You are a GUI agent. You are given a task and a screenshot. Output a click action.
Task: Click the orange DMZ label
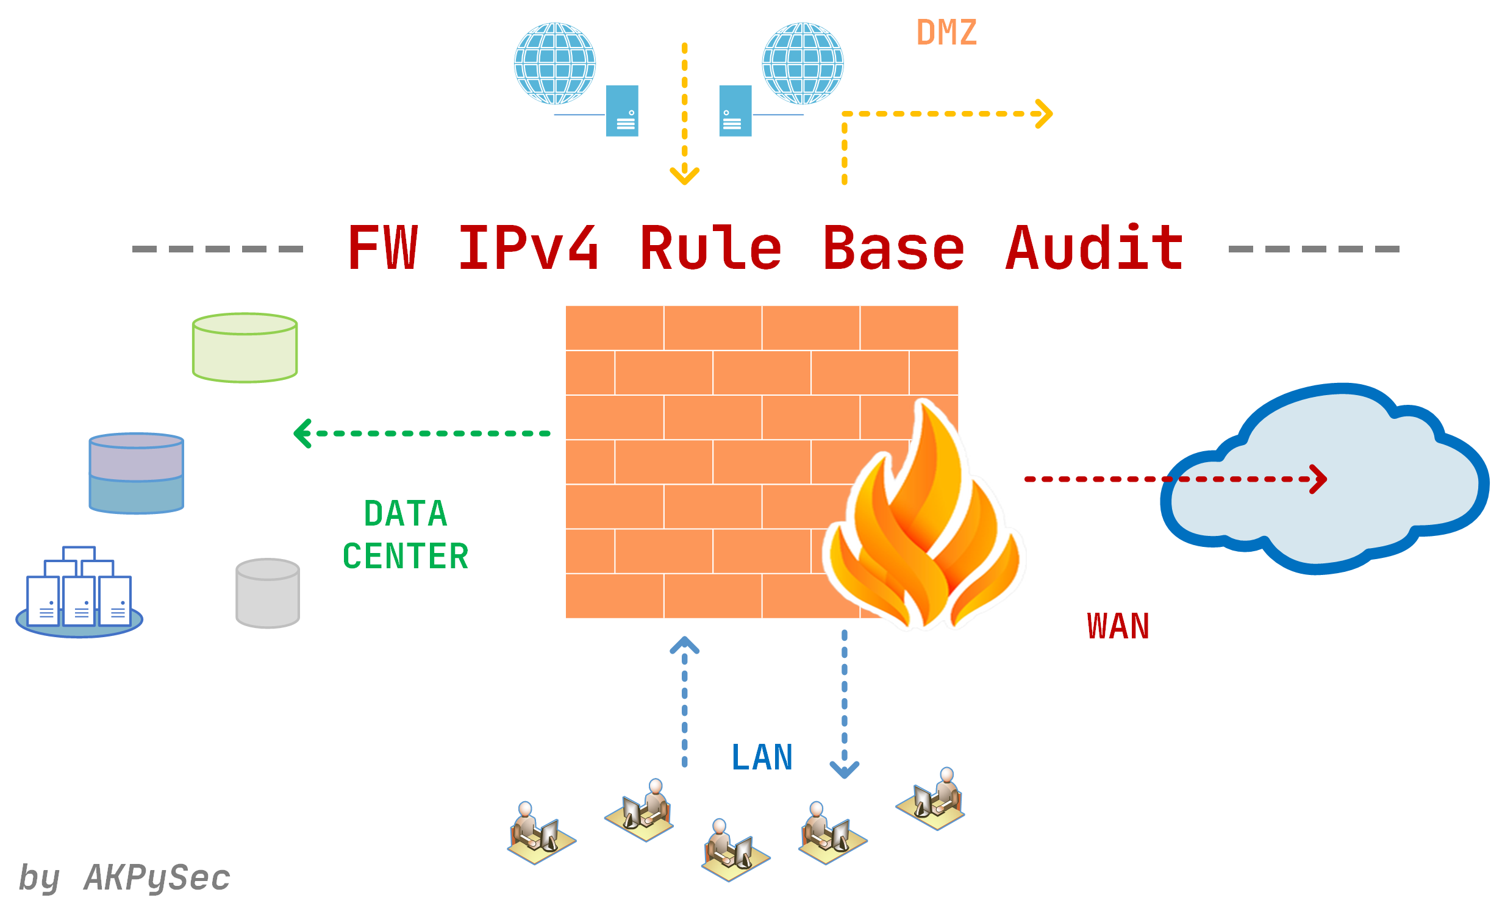(946, 33)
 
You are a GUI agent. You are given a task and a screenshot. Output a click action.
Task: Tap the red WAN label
(1118, 627)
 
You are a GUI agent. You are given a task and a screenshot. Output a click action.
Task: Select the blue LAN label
(762, 758)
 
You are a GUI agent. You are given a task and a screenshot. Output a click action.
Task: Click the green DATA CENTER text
(406, 535)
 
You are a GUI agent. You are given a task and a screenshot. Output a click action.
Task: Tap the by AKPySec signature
(124, 878)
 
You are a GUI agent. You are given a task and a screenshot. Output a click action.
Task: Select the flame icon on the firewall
(924, 524)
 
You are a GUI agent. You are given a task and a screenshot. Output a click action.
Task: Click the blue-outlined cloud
(1323, 482)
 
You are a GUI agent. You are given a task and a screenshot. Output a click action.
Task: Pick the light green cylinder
(245, 348)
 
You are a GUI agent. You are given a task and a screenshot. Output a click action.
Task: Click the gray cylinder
(268, 593)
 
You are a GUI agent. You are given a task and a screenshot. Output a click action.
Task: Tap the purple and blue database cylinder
(137, 473)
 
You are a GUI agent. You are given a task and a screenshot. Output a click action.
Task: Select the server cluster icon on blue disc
(79, 594)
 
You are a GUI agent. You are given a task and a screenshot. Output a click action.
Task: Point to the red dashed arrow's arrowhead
(1318, 479)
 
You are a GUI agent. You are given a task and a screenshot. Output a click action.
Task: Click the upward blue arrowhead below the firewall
(684, 645)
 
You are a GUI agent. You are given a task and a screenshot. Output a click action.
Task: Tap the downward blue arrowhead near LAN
(845, 769)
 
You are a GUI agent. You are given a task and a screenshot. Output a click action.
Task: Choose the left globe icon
(555, 63)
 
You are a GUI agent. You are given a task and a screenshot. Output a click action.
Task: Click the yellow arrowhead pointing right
(1044, 114)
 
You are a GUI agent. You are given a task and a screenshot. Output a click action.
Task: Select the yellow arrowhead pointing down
(684, 176)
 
